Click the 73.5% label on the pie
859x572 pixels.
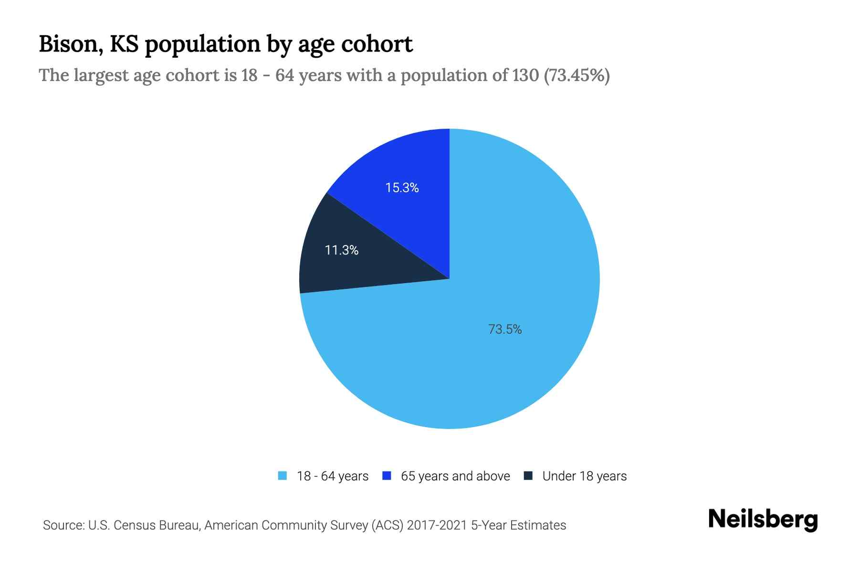coord(505,329)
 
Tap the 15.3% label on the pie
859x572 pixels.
coord(402,188)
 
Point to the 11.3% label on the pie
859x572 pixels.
coord(341,250)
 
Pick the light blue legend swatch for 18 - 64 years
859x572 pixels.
coord(283,476)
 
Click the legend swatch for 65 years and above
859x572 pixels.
coord(387,476)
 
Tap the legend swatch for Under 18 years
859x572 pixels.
coord(528,476)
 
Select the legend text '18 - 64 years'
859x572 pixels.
coord(333,476)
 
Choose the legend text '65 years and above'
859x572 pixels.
coord(455,476)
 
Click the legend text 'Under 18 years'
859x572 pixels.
coord(585,476)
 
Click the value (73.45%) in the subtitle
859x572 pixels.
coord(577,75)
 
